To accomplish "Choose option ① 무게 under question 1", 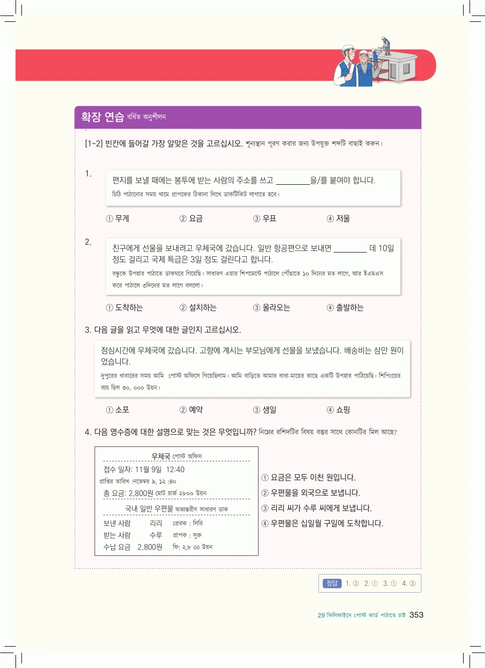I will coord(118,218).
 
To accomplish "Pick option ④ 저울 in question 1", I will coord(338,218).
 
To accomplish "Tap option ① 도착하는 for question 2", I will coord(124,308).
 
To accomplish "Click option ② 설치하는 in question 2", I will coord(198,308).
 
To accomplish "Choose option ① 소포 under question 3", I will coord(118,410).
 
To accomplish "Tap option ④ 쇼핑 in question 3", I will coord(338,410).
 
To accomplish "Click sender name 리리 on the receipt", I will coord(156,523).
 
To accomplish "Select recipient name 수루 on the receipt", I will coord(156,535).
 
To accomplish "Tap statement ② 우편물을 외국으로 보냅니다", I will coord(310,492).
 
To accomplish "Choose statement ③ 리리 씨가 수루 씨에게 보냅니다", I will coord(316,508).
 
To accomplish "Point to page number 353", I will coord(417,615).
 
